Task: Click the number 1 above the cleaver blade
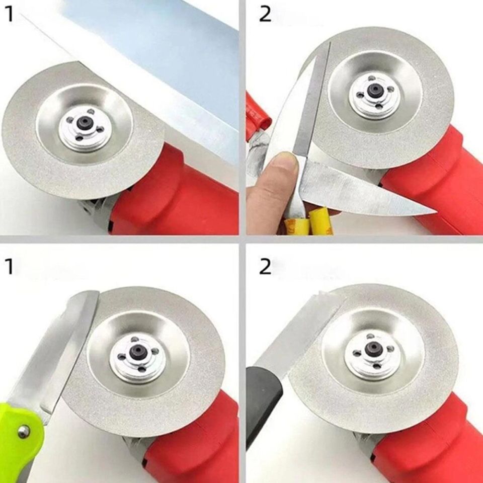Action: pyautogui.click(x=10, y=15)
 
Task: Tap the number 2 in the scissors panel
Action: pyautogui.click(x=265, y=15)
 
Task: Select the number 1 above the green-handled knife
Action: pyautogui.click(x=10, y=267)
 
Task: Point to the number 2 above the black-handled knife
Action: pyautogui.click(x=265, y=267)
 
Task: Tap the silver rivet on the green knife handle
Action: pyautogui.click(x=22, y=431)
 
